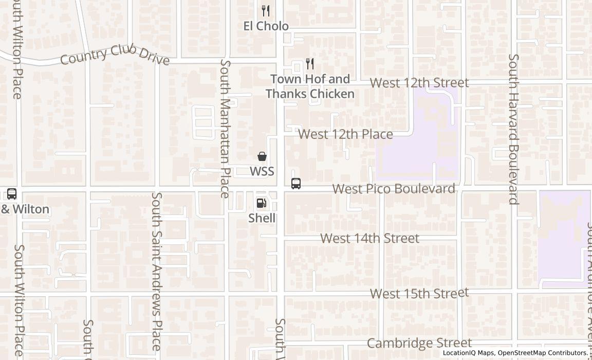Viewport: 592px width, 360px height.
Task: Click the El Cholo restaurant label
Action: pos(266,26)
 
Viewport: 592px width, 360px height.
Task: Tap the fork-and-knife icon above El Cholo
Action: pos(266,10)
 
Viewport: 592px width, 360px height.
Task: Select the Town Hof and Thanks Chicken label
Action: pos(310,86)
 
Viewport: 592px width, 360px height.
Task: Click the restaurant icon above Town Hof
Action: pos(309,64)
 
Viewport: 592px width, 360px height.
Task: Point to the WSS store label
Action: pos(262,171)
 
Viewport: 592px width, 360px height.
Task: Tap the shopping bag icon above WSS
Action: pos(262,156)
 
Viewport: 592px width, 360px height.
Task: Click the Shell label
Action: pos(262,218)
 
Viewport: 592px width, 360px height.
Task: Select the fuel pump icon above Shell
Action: pos(262,203)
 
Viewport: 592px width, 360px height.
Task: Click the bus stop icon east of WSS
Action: pos(296,184)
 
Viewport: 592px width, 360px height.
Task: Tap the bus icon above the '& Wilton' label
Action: pos(12,194)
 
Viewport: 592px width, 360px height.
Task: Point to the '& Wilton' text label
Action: pos(25,209)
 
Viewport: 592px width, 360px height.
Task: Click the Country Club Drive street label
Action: pos(115,55)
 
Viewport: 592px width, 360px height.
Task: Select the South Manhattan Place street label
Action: pos(225,129)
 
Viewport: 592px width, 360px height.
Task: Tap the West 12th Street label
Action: pos(419,83)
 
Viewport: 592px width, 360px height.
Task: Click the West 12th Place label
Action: pos(345,135)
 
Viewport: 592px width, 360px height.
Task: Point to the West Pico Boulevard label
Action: pos(394,189)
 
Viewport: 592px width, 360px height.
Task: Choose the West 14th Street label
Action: pos(369,239)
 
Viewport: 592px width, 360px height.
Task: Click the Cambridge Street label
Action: pos(419,343)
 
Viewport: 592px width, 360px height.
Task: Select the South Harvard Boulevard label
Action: pos(513,129)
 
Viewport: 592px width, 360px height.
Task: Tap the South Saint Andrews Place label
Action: pos(157,271)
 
